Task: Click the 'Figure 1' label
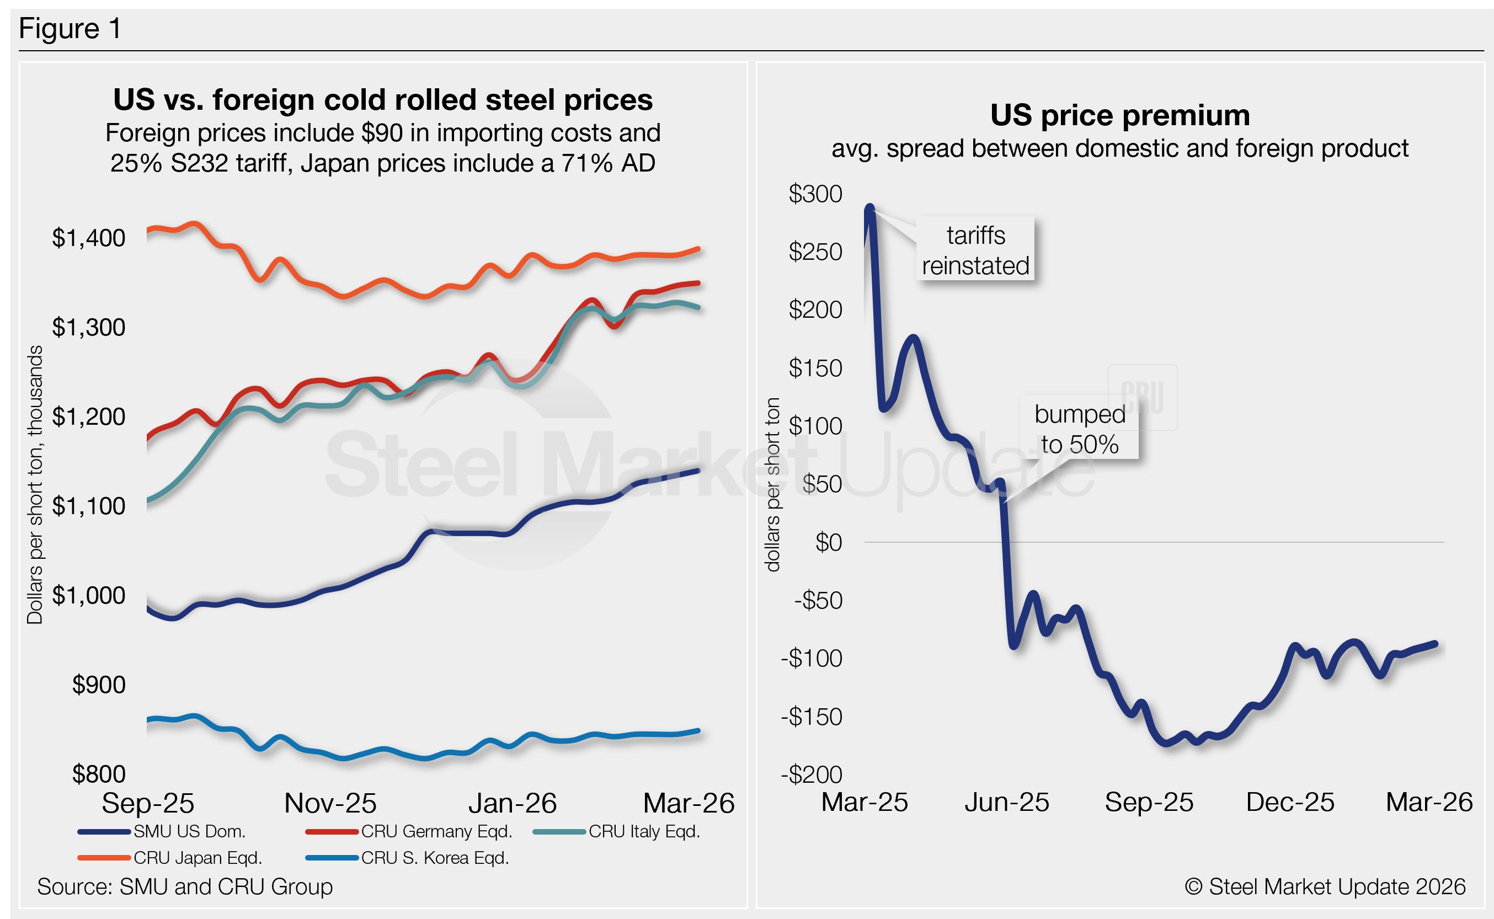[x=70, y=29]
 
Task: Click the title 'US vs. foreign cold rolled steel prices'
[x=383, y=100]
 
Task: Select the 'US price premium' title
[x=1119, y=115]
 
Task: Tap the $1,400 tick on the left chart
[x=89, y=238]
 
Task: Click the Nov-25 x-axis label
[x=330, y=803]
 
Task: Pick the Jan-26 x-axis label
[x=512, y=803]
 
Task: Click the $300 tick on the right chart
[x=815, y=194]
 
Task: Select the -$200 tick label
[x=812, y=774]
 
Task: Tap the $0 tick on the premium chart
[x=829, y=542]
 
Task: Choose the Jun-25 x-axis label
[x=1006, y=802]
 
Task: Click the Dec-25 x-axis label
[x=1290, y=802]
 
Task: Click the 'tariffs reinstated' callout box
[x=975, y=250]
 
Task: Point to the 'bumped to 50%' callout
[x=1080, y=429]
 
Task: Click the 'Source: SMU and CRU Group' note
[x=185, y=887]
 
